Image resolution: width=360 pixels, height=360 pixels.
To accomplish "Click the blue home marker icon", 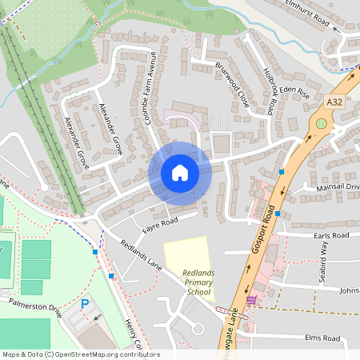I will pos(180,173).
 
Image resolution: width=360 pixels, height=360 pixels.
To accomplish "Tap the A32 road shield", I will pos(337,102).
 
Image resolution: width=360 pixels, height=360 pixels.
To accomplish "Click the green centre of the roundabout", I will pos(322,123).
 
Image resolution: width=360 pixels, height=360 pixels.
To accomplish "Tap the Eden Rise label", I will pos(293,93).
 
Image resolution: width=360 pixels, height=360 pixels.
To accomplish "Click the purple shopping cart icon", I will pos(252,300).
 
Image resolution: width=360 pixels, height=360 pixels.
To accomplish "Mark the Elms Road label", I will pos(322,338).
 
